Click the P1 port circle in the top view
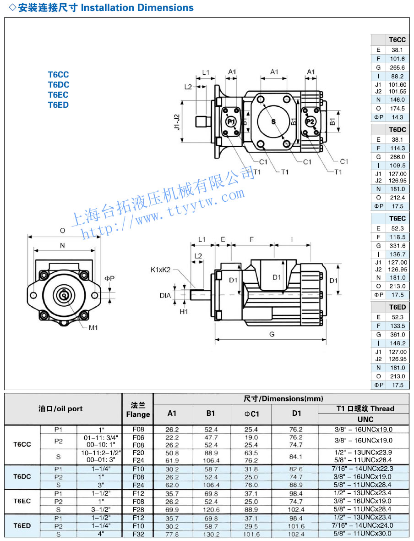231,121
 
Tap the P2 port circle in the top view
310,121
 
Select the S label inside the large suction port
274,121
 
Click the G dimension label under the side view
272,334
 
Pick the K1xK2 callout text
160,270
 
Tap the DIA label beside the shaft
165,296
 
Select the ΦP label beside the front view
109,278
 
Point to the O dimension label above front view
63,231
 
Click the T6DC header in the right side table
397,130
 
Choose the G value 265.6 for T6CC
397,67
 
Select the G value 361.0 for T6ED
397,335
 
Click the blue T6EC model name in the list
59,94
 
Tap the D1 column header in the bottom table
297,413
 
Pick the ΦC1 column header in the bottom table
251,413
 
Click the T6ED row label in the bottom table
22,525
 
